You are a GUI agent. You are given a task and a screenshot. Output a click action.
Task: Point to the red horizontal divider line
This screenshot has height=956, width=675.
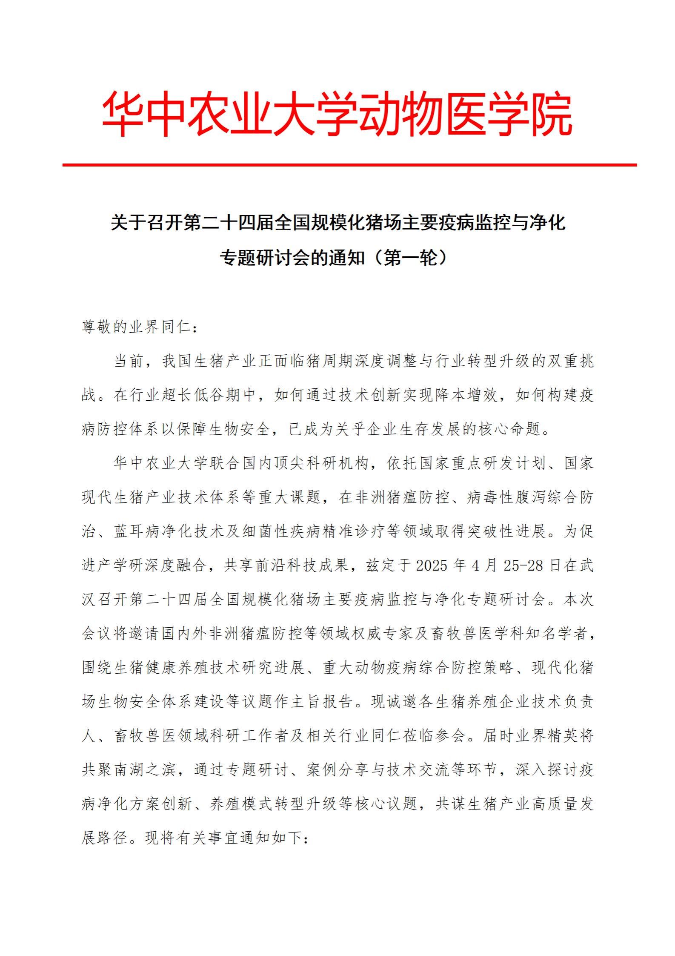pos(349,165)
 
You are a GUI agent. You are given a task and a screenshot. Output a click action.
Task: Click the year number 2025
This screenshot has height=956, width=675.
pos(432,566)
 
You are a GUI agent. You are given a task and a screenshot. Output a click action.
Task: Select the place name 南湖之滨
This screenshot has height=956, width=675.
pos(138,769)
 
